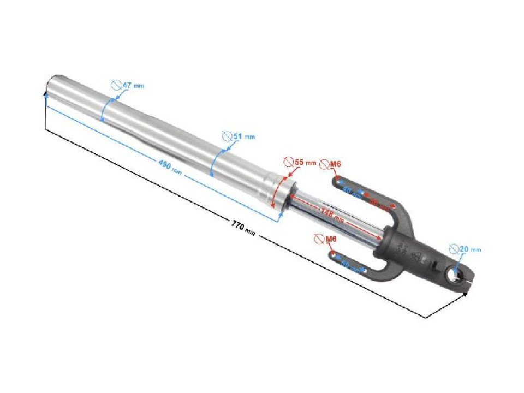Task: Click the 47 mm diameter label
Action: pyautogui.click(x=132, y=86)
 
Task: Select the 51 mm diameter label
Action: pyautogui.click(x=243, y=136)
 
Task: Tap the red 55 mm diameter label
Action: pyautogui.click(x=305, y=163)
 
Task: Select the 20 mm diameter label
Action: pyautogui.click(x=470, y=249)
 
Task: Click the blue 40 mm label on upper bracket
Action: pyautogui.click(x=352, y=192)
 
